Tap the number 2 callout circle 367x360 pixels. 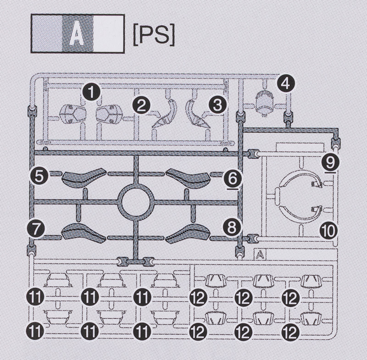pos(141,105)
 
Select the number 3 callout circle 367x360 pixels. pos(217,105)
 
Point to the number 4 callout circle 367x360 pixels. pos(286,83)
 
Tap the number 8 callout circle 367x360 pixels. pos(232,227)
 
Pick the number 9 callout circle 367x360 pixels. pos(330,161)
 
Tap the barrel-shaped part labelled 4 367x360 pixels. pos(264,102)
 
